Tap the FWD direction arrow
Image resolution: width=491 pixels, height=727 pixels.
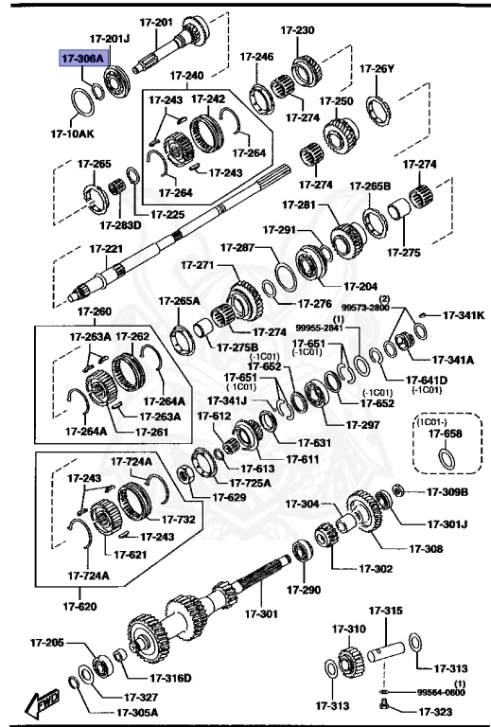[x=44, y=703]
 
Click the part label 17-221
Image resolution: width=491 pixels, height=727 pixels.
[x=107, y=249]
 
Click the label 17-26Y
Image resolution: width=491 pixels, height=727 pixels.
[x=377, y=68]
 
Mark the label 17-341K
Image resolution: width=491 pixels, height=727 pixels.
[x=464, y=315]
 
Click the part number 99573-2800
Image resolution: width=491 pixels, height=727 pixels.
[x=366, y=308]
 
